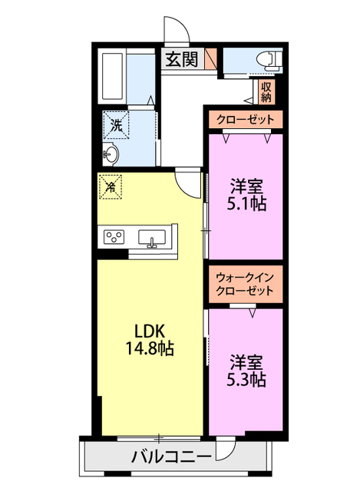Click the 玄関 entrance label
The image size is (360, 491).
tap(180, 59)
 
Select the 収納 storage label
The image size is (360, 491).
tap(266, 92)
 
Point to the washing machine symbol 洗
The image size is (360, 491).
tap(116, 125)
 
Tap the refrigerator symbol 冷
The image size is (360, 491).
tap(111, 186)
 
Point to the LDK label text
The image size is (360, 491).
tap(149, 331)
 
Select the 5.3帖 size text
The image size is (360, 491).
tap(247, 379)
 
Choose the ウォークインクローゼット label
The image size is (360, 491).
tap(244, 284)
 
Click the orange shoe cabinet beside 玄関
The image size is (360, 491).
tap(212, 58)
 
